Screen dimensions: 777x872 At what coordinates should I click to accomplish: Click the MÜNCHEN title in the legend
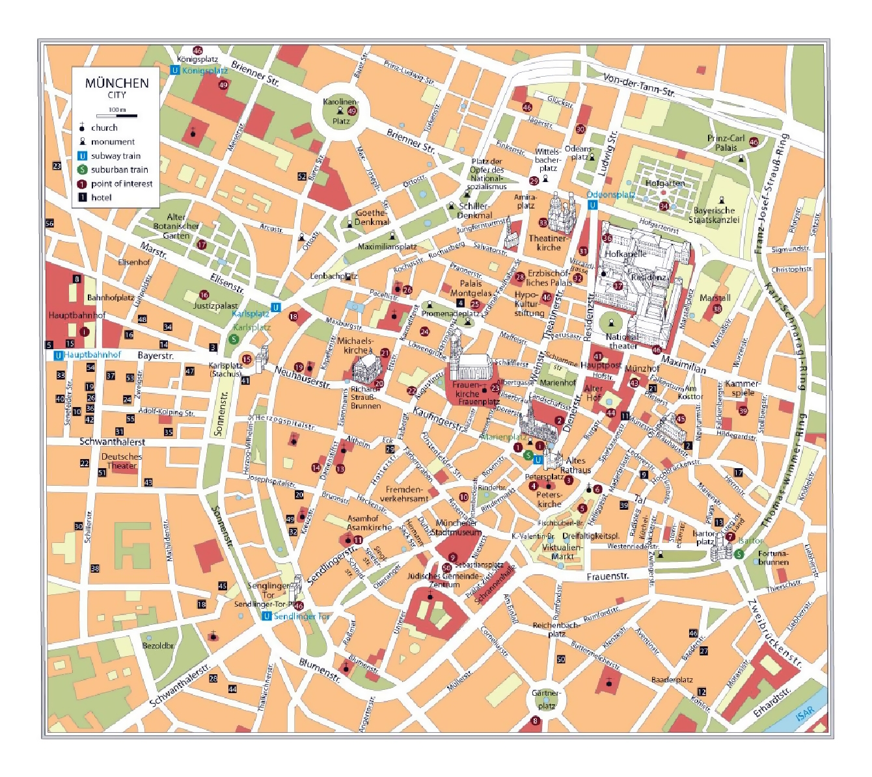(116, 83)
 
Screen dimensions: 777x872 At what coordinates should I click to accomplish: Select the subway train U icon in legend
(83, 156)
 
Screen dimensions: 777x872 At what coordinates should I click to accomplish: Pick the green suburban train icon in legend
(83, 170)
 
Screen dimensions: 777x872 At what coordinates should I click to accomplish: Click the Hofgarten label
(664, 183)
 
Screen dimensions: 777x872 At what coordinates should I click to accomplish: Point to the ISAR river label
(805, 713)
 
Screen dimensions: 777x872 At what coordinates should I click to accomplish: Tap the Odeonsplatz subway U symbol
(592, 205)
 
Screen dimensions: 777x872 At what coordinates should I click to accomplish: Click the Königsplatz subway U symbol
(174, 70)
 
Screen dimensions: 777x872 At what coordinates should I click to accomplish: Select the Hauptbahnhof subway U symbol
(58, 355)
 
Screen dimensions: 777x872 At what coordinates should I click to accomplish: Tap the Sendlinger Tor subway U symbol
(266, 616)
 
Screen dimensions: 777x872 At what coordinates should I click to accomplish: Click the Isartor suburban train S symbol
(739, 554)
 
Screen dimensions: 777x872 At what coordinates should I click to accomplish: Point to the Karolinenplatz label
(340, 102)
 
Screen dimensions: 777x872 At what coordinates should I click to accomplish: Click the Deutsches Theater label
(121, 461)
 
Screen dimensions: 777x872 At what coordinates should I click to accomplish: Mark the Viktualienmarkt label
(562, 551)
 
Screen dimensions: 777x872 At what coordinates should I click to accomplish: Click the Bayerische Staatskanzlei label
(714, 215)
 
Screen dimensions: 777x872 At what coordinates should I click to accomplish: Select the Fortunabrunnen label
(773, 558)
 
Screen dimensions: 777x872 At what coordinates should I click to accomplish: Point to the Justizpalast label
(215, 306)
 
